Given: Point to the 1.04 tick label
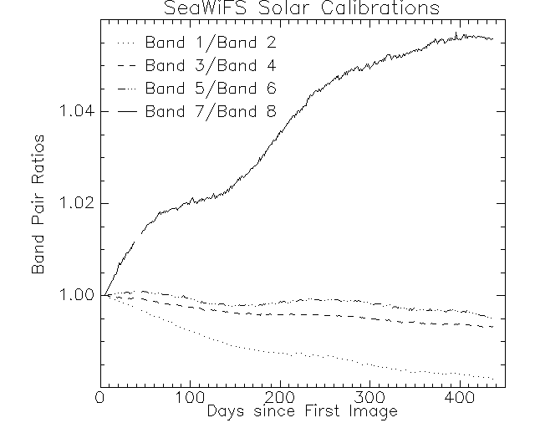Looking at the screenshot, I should (x=73, y=111).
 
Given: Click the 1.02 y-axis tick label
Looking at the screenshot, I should (x=73, y=203).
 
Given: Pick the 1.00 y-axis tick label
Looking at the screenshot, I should (x=73, y=295).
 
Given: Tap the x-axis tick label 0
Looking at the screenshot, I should (x=100, y=396).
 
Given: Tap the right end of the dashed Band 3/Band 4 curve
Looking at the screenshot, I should (x=494, y=326).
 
